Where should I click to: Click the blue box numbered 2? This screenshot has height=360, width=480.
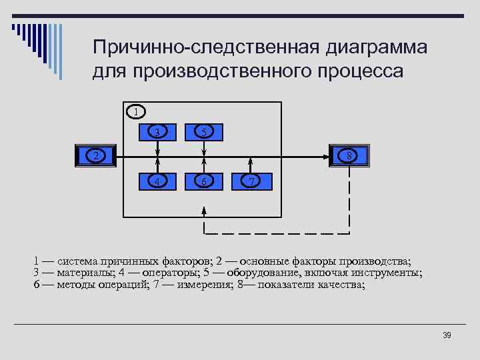95,155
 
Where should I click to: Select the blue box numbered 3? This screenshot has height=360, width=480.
157,131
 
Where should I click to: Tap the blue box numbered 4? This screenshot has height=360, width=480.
157,181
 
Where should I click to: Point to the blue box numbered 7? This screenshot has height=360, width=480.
251,181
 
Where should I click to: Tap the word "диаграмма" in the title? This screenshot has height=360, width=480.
376,48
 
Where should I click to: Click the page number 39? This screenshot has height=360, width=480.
447,335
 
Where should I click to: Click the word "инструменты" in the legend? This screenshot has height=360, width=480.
383,273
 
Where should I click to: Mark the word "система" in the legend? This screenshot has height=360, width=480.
80,261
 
